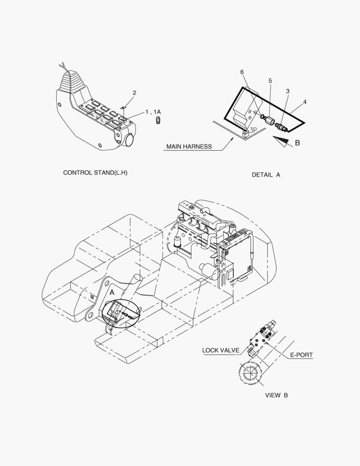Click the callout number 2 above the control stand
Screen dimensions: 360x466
(134, 93)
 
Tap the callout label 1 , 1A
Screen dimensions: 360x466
(153, 112)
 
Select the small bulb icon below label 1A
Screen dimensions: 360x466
(158, 121)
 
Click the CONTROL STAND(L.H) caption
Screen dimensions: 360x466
(95, 173)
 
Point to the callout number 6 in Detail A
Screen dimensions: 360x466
(242, 72)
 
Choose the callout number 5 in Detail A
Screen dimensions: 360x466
(270, 81)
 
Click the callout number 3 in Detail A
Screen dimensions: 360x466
(288, 91)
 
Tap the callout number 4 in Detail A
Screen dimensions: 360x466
(304, 102)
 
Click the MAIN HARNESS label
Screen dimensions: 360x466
(189, 147)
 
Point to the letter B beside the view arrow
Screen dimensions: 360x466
(297, 143)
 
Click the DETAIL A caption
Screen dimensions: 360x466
(266, 175)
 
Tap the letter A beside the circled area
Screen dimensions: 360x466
(112, 293)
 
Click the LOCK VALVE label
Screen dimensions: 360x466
(221, 350)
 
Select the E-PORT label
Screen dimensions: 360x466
(301, 355)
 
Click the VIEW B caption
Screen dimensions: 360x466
(276, 395)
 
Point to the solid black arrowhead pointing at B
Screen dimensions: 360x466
(281, 141)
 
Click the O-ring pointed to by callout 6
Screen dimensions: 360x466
(262, 116)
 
